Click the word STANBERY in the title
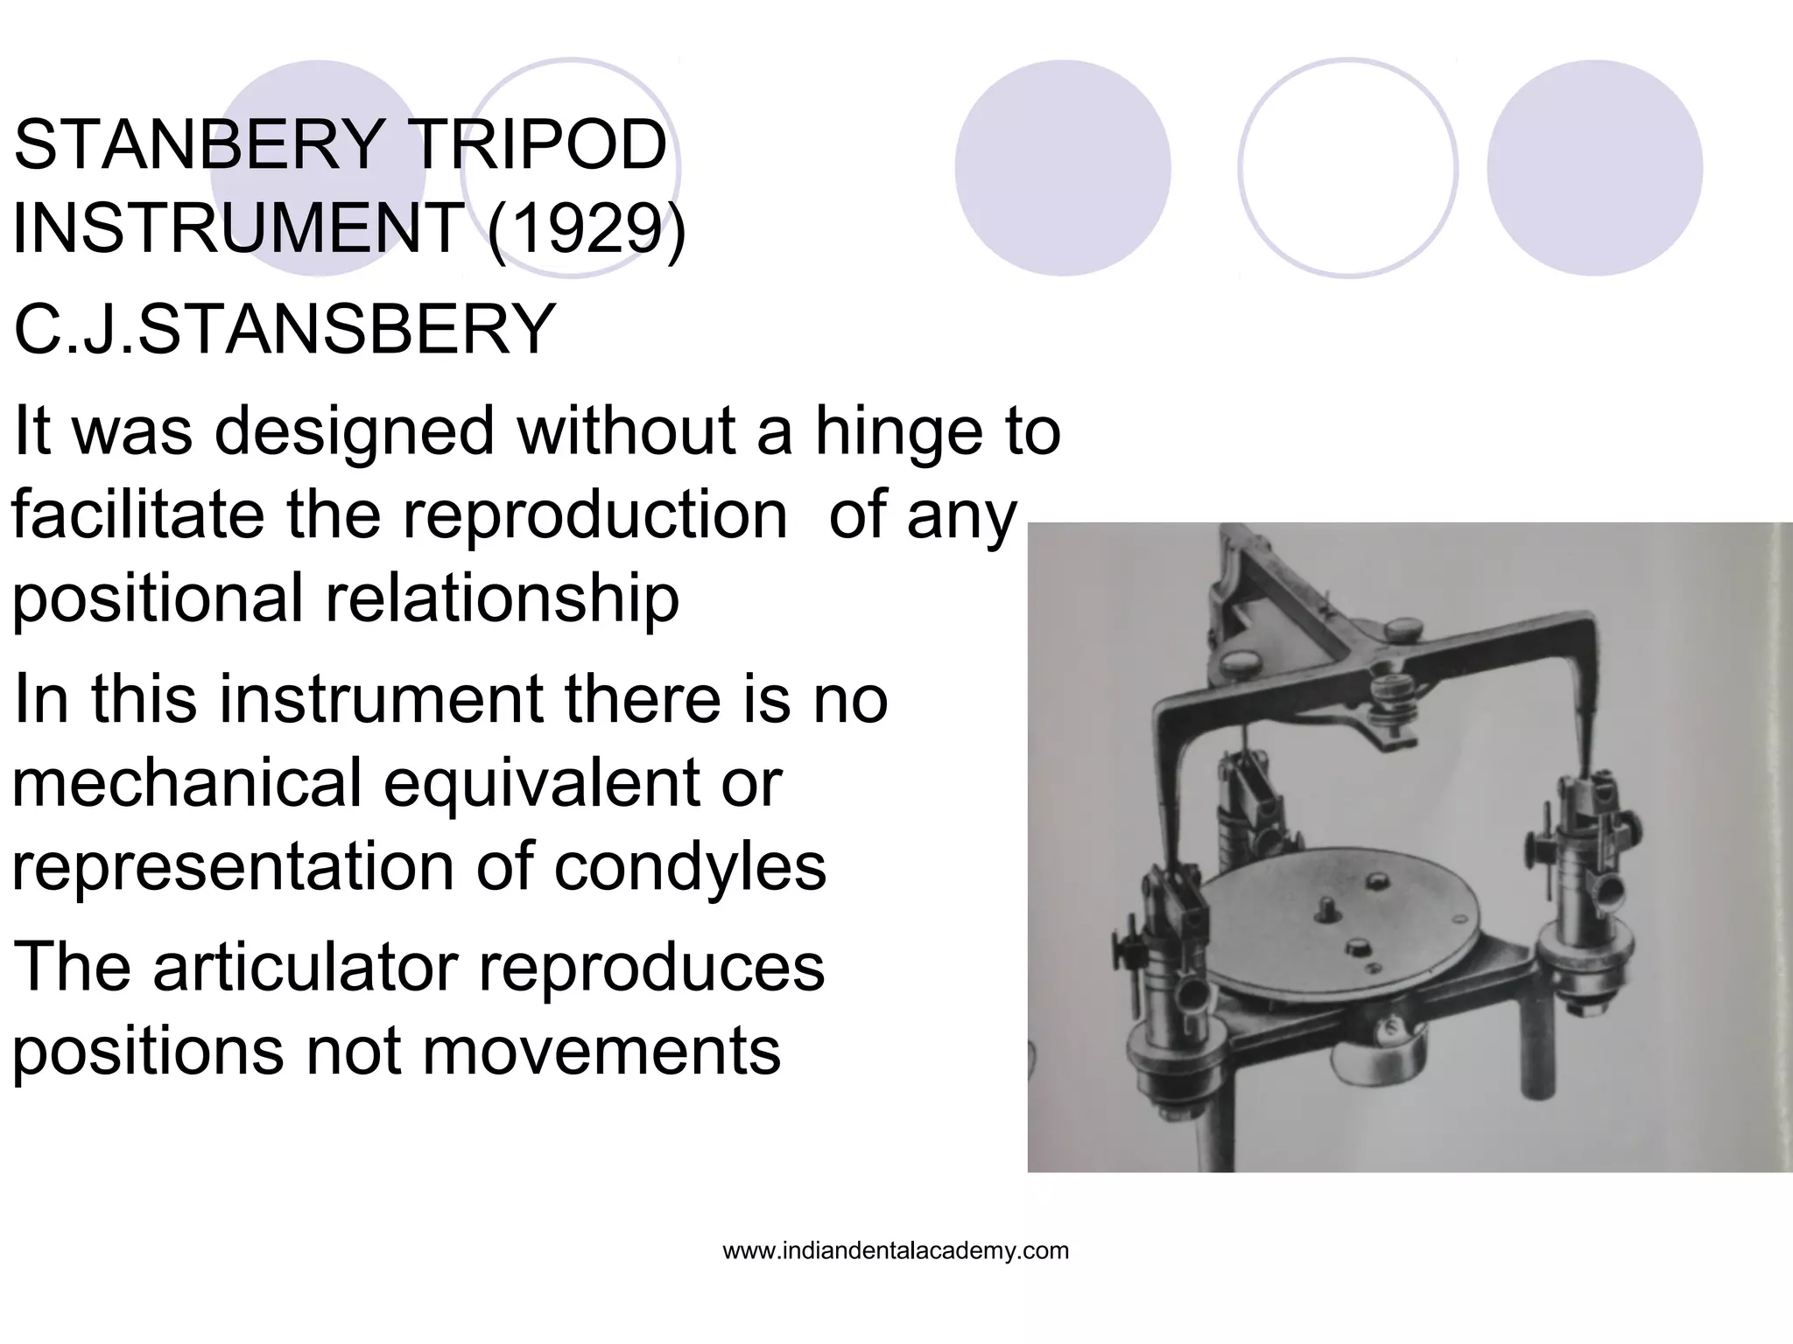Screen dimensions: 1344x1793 (200, 145)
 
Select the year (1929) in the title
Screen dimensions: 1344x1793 (587, 227)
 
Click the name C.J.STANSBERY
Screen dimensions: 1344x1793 (285, 329)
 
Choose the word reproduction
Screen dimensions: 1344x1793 (595, 514)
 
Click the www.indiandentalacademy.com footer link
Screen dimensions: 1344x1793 (896, 1250)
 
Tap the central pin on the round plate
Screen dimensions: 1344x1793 (1329, 911)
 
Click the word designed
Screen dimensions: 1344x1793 (355, 431)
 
